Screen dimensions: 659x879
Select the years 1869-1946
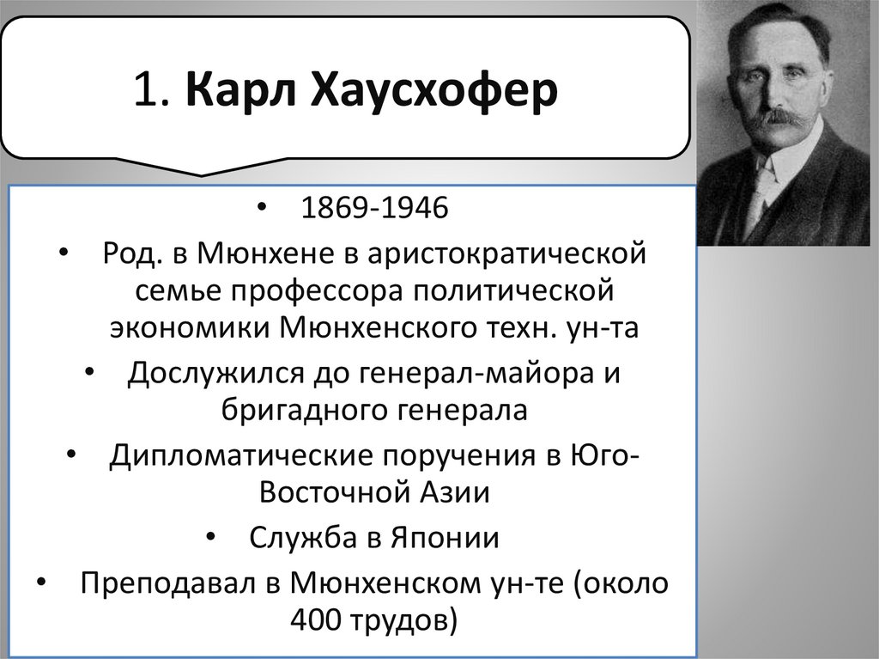coord(373,209)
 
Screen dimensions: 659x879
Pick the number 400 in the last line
coord(318,619)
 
